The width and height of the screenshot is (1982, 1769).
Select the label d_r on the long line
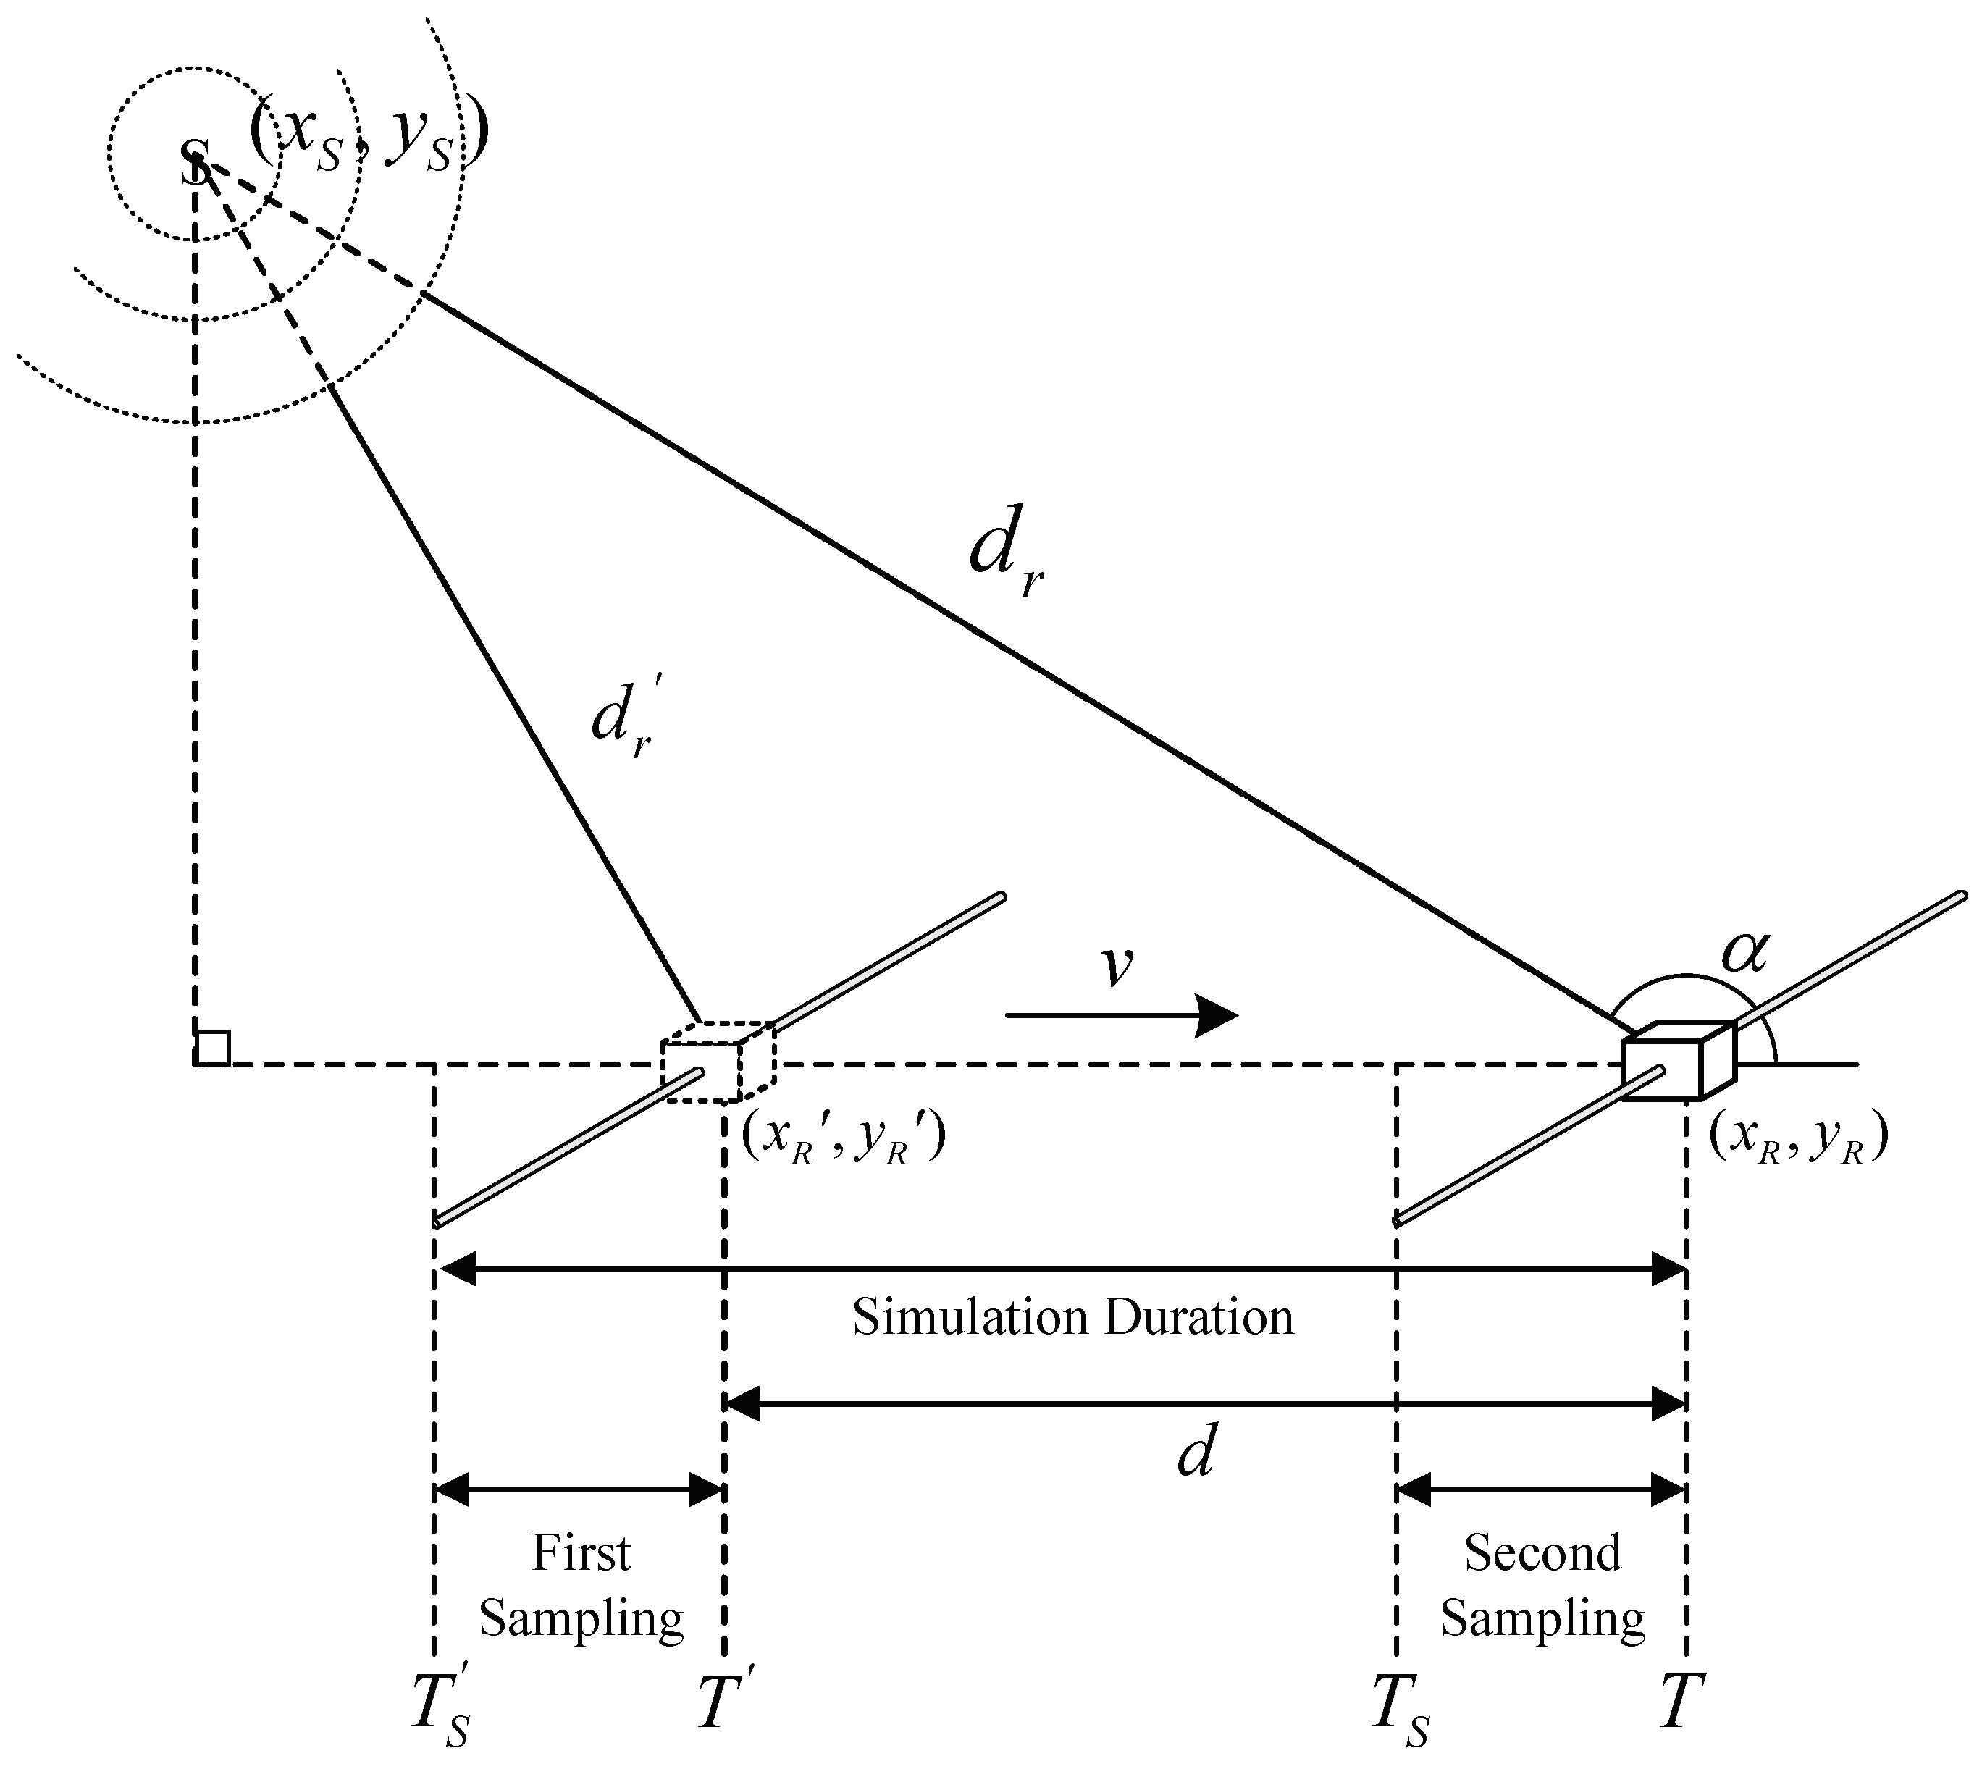click(1005, 554)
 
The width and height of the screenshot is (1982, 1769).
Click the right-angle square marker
click(213, 1048)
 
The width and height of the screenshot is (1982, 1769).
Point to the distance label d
click(1195, 1455)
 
